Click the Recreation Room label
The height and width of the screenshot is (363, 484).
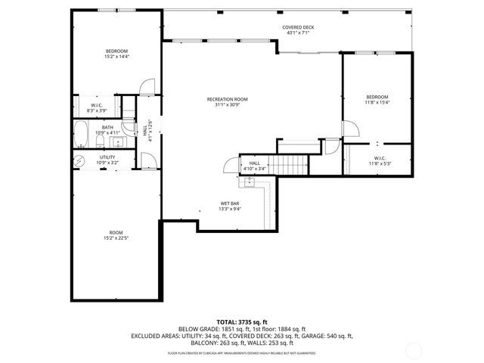tap(227, 99)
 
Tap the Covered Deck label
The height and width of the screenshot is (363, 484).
tap(298, 27)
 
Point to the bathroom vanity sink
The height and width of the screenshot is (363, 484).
tap(119, 141)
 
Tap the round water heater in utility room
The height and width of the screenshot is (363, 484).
tap(79, 160)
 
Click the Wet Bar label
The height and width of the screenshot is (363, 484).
tap(230, 204)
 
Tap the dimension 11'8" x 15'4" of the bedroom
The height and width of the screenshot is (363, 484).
tap(377, 103)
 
